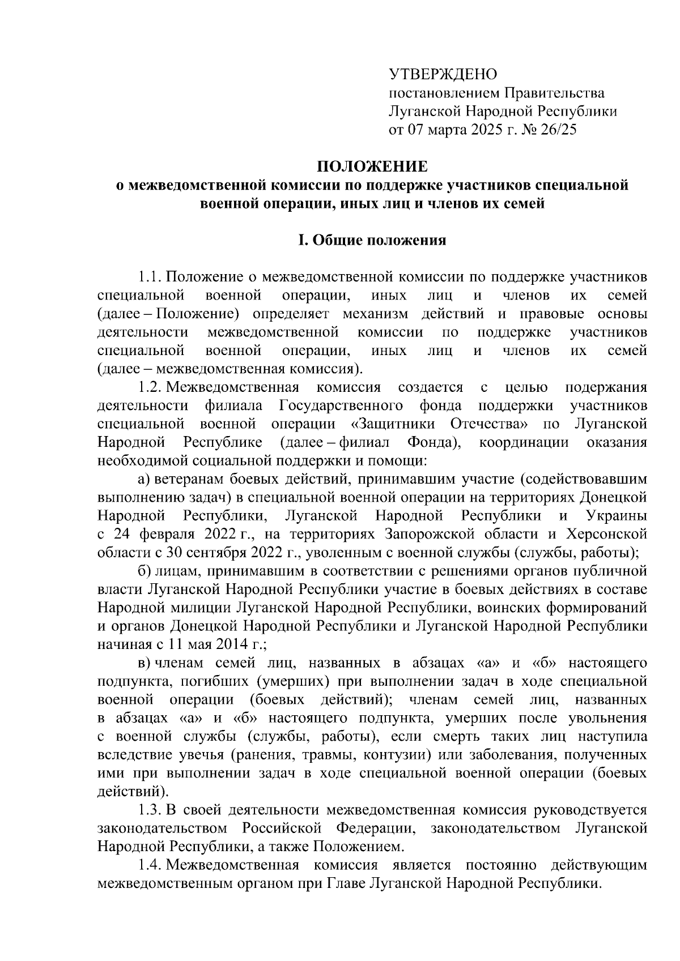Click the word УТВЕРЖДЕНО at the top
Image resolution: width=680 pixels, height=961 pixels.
coord(442,74)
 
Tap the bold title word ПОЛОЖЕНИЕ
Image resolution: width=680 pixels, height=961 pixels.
coord(372,166)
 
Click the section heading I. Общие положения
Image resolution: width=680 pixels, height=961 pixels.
coord(372,241)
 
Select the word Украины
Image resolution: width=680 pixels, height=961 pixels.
coord(614,516)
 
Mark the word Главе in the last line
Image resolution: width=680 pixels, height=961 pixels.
coord(346,883)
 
